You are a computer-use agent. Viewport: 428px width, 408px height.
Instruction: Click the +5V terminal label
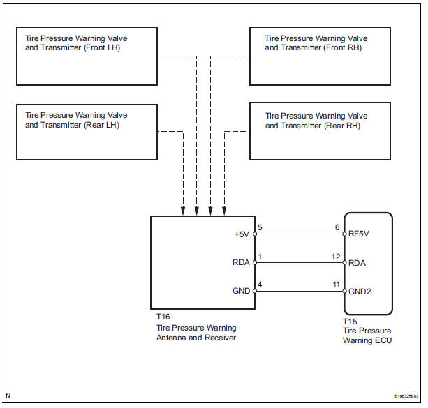[x=242, y=235]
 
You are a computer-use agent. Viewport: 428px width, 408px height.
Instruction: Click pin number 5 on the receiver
[x=260, y=227]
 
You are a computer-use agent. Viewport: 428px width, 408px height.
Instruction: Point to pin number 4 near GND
[x=260, y=284]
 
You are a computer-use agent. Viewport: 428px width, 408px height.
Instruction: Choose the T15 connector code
[x=350, y=322]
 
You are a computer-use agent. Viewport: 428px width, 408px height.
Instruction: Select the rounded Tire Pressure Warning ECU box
[x=368, y=263]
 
